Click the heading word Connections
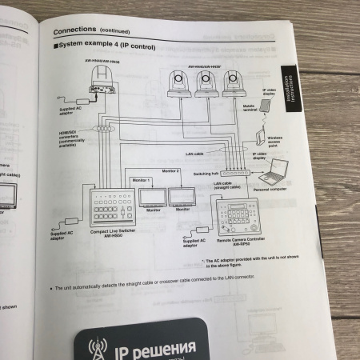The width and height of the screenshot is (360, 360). [75, 31]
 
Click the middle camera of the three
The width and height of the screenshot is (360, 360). [204, 82]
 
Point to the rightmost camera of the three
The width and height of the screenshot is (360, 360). [232, 82]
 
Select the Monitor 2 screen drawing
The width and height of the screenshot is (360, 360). [182, 196]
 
